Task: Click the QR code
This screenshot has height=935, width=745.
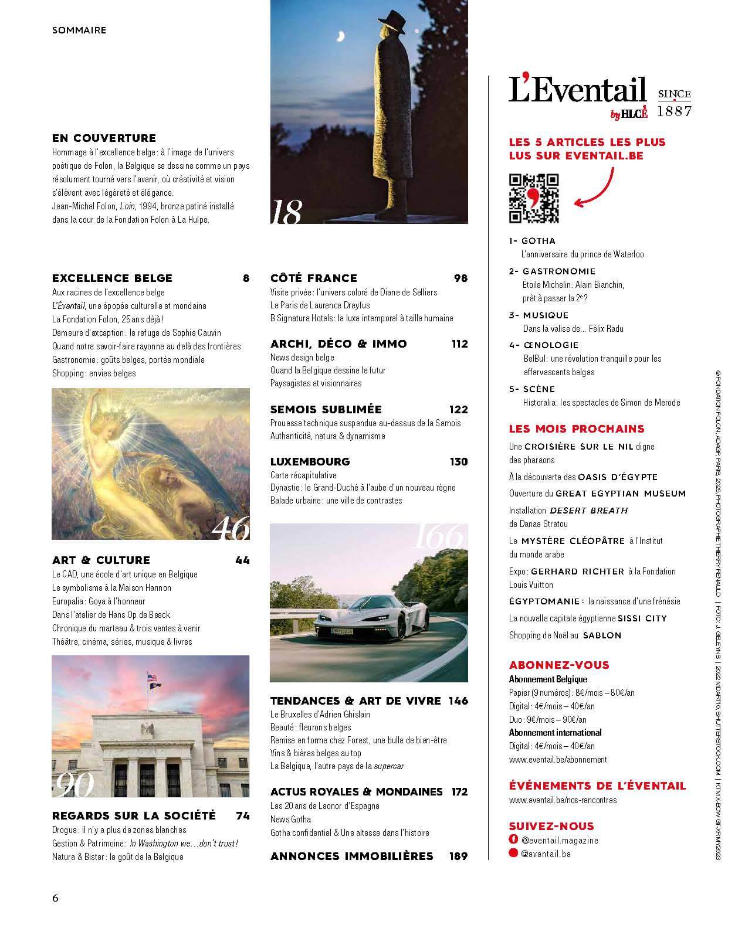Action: pos(533,199)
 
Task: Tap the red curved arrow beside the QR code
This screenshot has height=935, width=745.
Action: pos(595,189)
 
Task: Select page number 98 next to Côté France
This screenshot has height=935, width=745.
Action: pos(460,278)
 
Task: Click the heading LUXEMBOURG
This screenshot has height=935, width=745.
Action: pos(310,461)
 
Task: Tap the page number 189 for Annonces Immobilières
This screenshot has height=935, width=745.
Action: pos(458,856)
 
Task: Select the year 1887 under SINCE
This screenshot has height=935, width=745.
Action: pos(674,111)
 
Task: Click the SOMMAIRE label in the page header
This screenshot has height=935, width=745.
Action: pos(79,30)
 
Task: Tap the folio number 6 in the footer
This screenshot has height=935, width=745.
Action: pos(56,898)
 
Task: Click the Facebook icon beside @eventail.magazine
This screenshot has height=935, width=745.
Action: pos(514,840)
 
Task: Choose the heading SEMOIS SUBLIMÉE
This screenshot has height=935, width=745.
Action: pos(326,409)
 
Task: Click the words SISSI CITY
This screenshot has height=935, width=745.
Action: pos(642,618)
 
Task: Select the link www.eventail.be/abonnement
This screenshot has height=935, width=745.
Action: pos(558,759)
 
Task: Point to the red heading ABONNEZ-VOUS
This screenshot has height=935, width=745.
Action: pos(559,665)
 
